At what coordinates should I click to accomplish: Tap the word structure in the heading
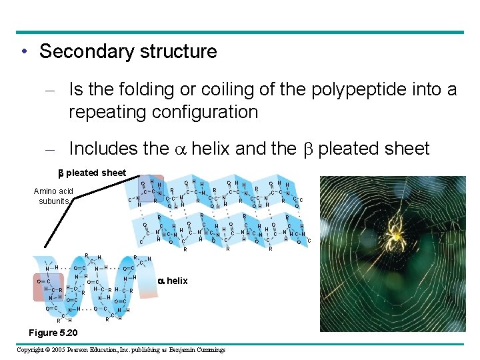click(x=179, y=51)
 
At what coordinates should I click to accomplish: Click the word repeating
click(x=107, y=112)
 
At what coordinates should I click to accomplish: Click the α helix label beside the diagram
click(x=173, y=281)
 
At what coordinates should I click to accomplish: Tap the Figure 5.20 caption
click(x=53, y=333)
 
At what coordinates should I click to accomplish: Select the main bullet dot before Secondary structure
click(x=24, y=52)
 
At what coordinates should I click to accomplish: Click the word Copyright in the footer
click(x=31, y=350)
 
